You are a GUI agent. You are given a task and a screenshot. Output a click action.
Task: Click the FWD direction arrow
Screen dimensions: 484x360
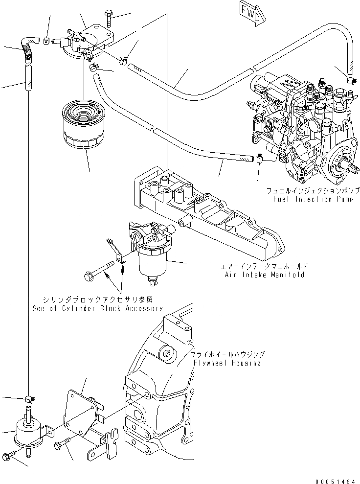(x=252, y=11)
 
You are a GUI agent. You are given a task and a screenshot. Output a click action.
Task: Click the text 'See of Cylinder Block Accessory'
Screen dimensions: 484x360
(x=97, y=308)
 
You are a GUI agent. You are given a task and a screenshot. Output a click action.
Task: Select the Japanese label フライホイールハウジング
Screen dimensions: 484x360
(x=228, y=354)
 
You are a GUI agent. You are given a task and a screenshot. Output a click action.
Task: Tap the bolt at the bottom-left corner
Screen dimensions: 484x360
(x=10, y=457)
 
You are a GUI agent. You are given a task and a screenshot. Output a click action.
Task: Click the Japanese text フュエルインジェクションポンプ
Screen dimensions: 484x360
(x=314, y=190)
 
